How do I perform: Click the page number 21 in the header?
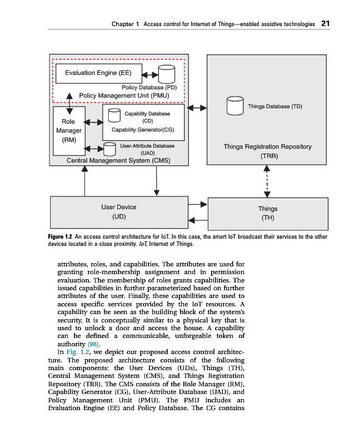pyautogui.click(x=326, y=24)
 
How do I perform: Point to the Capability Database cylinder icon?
pyautogui.click(x=114, y=115)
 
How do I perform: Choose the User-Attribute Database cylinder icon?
pyautogui.click(x=109, y=149)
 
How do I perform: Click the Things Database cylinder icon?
pyautogui.click(x=235, y=106)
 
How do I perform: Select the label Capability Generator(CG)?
pyautogui.click(x=143, y=129)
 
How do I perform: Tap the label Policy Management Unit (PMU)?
pyautogui.click(x=124, y=95)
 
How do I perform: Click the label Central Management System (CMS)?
pyautogui.click(x=118, y=160)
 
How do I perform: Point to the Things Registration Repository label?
pyautogui.click(x=267, y=147)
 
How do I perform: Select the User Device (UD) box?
pyautogui.click(x=118, y=211)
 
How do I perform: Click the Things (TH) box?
pyautogui.click(x=267, y=213)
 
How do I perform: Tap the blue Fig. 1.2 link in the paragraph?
pyautogui.click(x=77, y=352)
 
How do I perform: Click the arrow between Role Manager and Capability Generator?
pyautogui.click(x=93, y=122)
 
